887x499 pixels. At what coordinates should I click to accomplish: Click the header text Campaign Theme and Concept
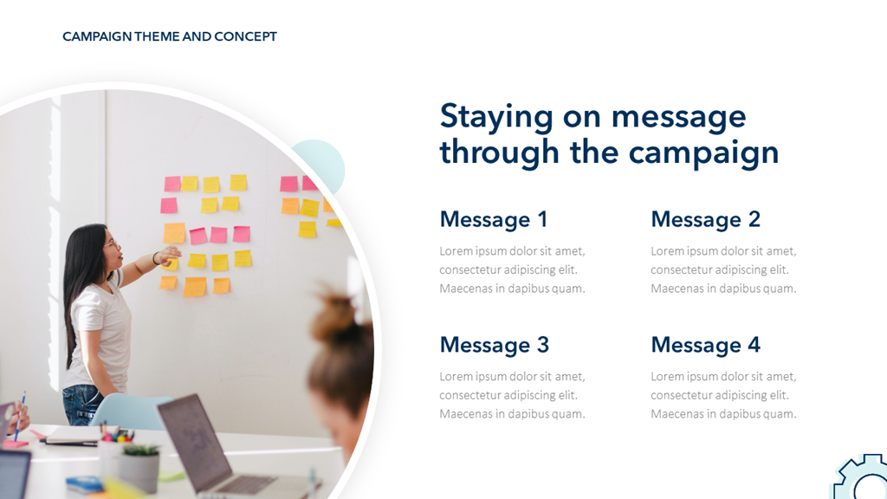point(170,36)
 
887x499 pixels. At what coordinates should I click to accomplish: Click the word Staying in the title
point(496,118)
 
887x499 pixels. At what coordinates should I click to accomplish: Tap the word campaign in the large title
point(703,153)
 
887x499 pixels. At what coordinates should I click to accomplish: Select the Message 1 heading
point(493,219)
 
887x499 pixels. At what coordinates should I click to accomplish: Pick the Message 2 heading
point(705,219)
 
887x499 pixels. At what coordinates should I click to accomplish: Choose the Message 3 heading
point(495,345)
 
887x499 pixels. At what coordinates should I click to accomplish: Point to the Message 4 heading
point(705,345)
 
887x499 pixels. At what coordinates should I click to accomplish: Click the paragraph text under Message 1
point(513,270)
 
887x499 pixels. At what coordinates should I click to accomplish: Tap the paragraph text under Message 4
point(723,395)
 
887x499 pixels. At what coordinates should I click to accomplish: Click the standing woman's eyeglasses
point(112,245)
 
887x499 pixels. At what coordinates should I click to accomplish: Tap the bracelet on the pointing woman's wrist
point(155,258)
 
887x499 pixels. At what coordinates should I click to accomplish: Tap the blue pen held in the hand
point(19,417)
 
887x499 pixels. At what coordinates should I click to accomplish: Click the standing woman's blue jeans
point(82,404)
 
